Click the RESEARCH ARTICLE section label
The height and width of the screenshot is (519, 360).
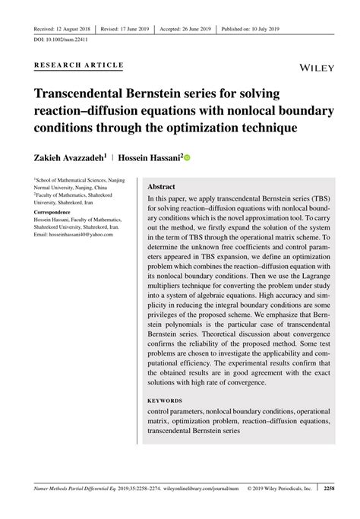(x=78, y=65)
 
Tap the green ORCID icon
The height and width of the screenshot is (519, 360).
(x=187, y=158)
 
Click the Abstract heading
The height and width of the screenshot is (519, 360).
(x=161, y=186)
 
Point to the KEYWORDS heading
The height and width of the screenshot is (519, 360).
(x=164, y=400)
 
